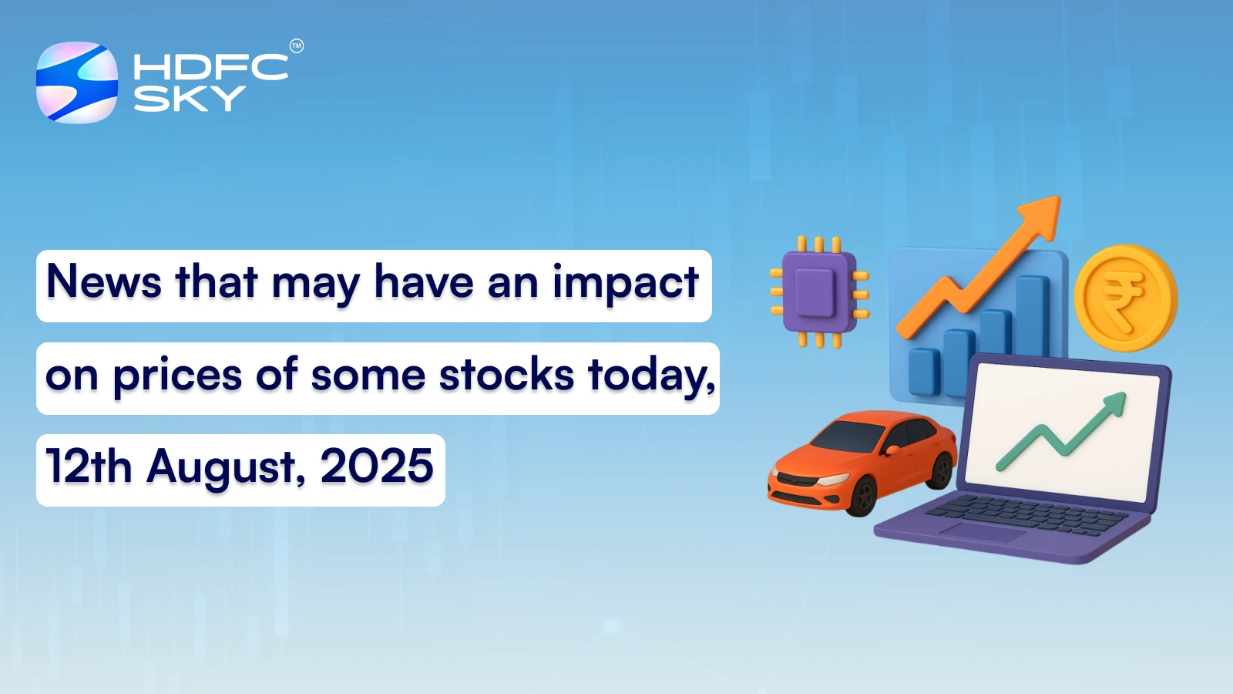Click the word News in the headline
[x=104, y=282]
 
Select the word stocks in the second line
[x=506, y=376]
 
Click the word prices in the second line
[x=177, y=377]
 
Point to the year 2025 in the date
[x=377, y=467]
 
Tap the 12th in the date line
[x=89, y=467]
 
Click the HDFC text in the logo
[x=210, y=67]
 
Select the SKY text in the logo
[x=190, y=99]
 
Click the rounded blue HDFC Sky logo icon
[x=77, y=83]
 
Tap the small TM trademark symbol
[x=297, y=46]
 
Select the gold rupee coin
[x=1124, y=298]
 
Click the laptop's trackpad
[x=982, y=531]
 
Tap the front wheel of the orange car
[x=861, y=496]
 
